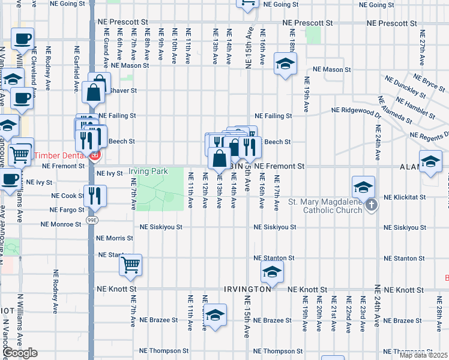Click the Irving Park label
coord(151,172)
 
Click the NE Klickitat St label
coord(405,197)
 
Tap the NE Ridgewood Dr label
coord(357,110)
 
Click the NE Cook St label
coord(68,196)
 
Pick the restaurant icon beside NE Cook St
coord(95,195)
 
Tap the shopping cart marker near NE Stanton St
coord(130,264)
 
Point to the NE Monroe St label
coord(61,224)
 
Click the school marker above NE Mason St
coord(285,63)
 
